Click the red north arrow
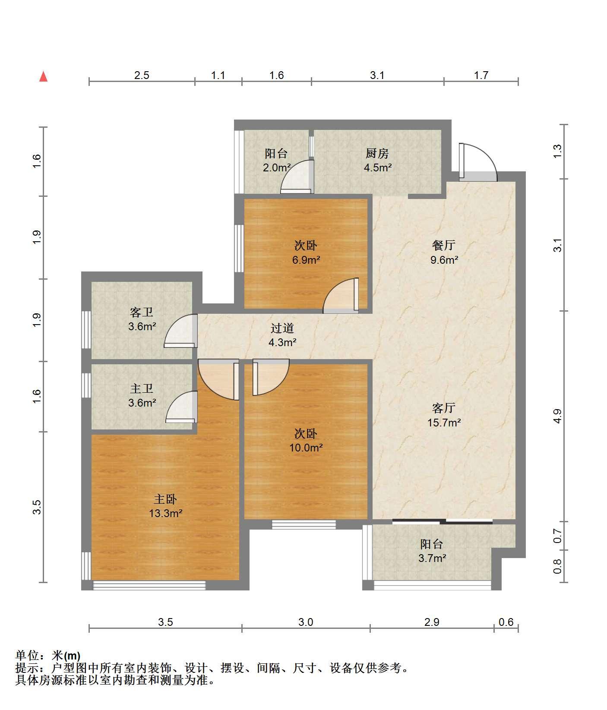43,76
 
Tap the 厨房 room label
377,153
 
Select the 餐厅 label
444,245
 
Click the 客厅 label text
444,408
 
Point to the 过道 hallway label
282,328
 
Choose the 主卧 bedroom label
165,499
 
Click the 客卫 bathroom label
142,312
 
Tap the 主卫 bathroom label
142,389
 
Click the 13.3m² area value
165,514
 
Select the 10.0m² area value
306,448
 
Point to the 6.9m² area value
306,260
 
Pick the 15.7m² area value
444,423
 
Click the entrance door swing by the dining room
478,162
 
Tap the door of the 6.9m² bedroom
341,295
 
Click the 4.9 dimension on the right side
557,416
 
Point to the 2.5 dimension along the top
142,76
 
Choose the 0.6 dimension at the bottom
506,622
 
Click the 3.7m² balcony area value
432,558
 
